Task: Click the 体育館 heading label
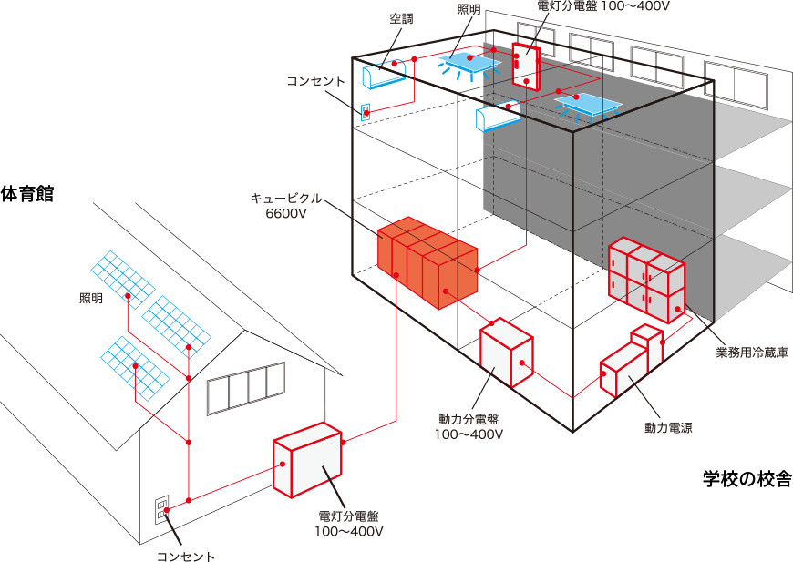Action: [x=27, y=194]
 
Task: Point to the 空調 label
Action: [x=402, y=19]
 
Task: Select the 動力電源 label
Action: [x=668, y=427]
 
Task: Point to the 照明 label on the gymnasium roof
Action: [x=92, y=299]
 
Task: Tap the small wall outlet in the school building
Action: [x=366, y=113]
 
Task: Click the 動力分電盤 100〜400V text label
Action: [x=468, y=426]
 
